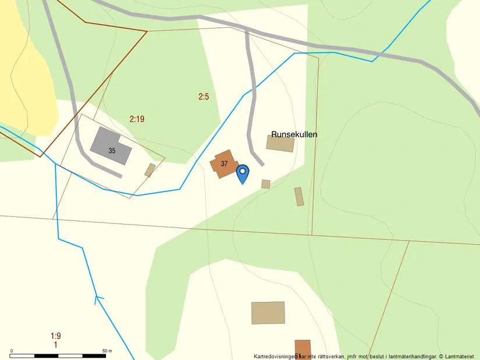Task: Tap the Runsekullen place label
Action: [x=294, y=134]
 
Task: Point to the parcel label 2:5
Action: [x=203, y=97]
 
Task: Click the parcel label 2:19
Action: [x=137, y=119]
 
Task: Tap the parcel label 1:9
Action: [x=56, y=336]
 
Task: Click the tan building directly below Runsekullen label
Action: [x=280, y=143]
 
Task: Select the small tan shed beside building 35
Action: [x=150, y=170]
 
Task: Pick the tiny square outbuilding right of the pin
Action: [x=265, y=184]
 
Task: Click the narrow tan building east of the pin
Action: [x=299, y=196]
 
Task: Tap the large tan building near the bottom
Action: [x=268, y=312]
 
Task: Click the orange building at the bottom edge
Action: [x=303, y=349]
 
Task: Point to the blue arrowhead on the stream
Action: [x=98, y=300]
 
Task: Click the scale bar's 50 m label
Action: [x=106, y=351]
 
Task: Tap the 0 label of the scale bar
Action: [x=12, y=351]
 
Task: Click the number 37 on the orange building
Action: [x=224, y=163]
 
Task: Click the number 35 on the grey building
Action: [x=112, y=151]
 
